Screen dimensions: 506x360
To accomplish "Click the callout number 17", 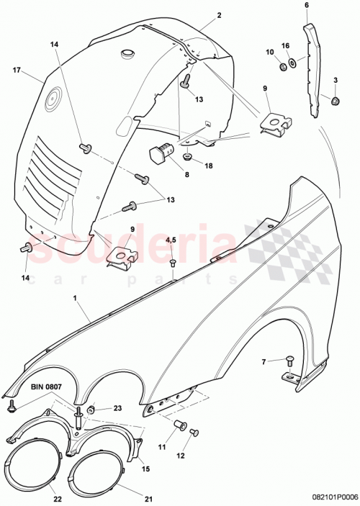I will point(17,71).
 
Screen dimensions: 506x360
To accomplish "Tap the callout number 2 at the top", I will point(219,15).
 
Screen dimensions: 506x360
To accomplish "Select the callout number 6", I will point(306,5).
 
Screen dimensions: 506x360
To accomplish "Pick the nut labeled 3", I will point(336,99).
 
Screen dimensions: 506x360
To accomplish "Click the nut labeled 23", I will point(92,410).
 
